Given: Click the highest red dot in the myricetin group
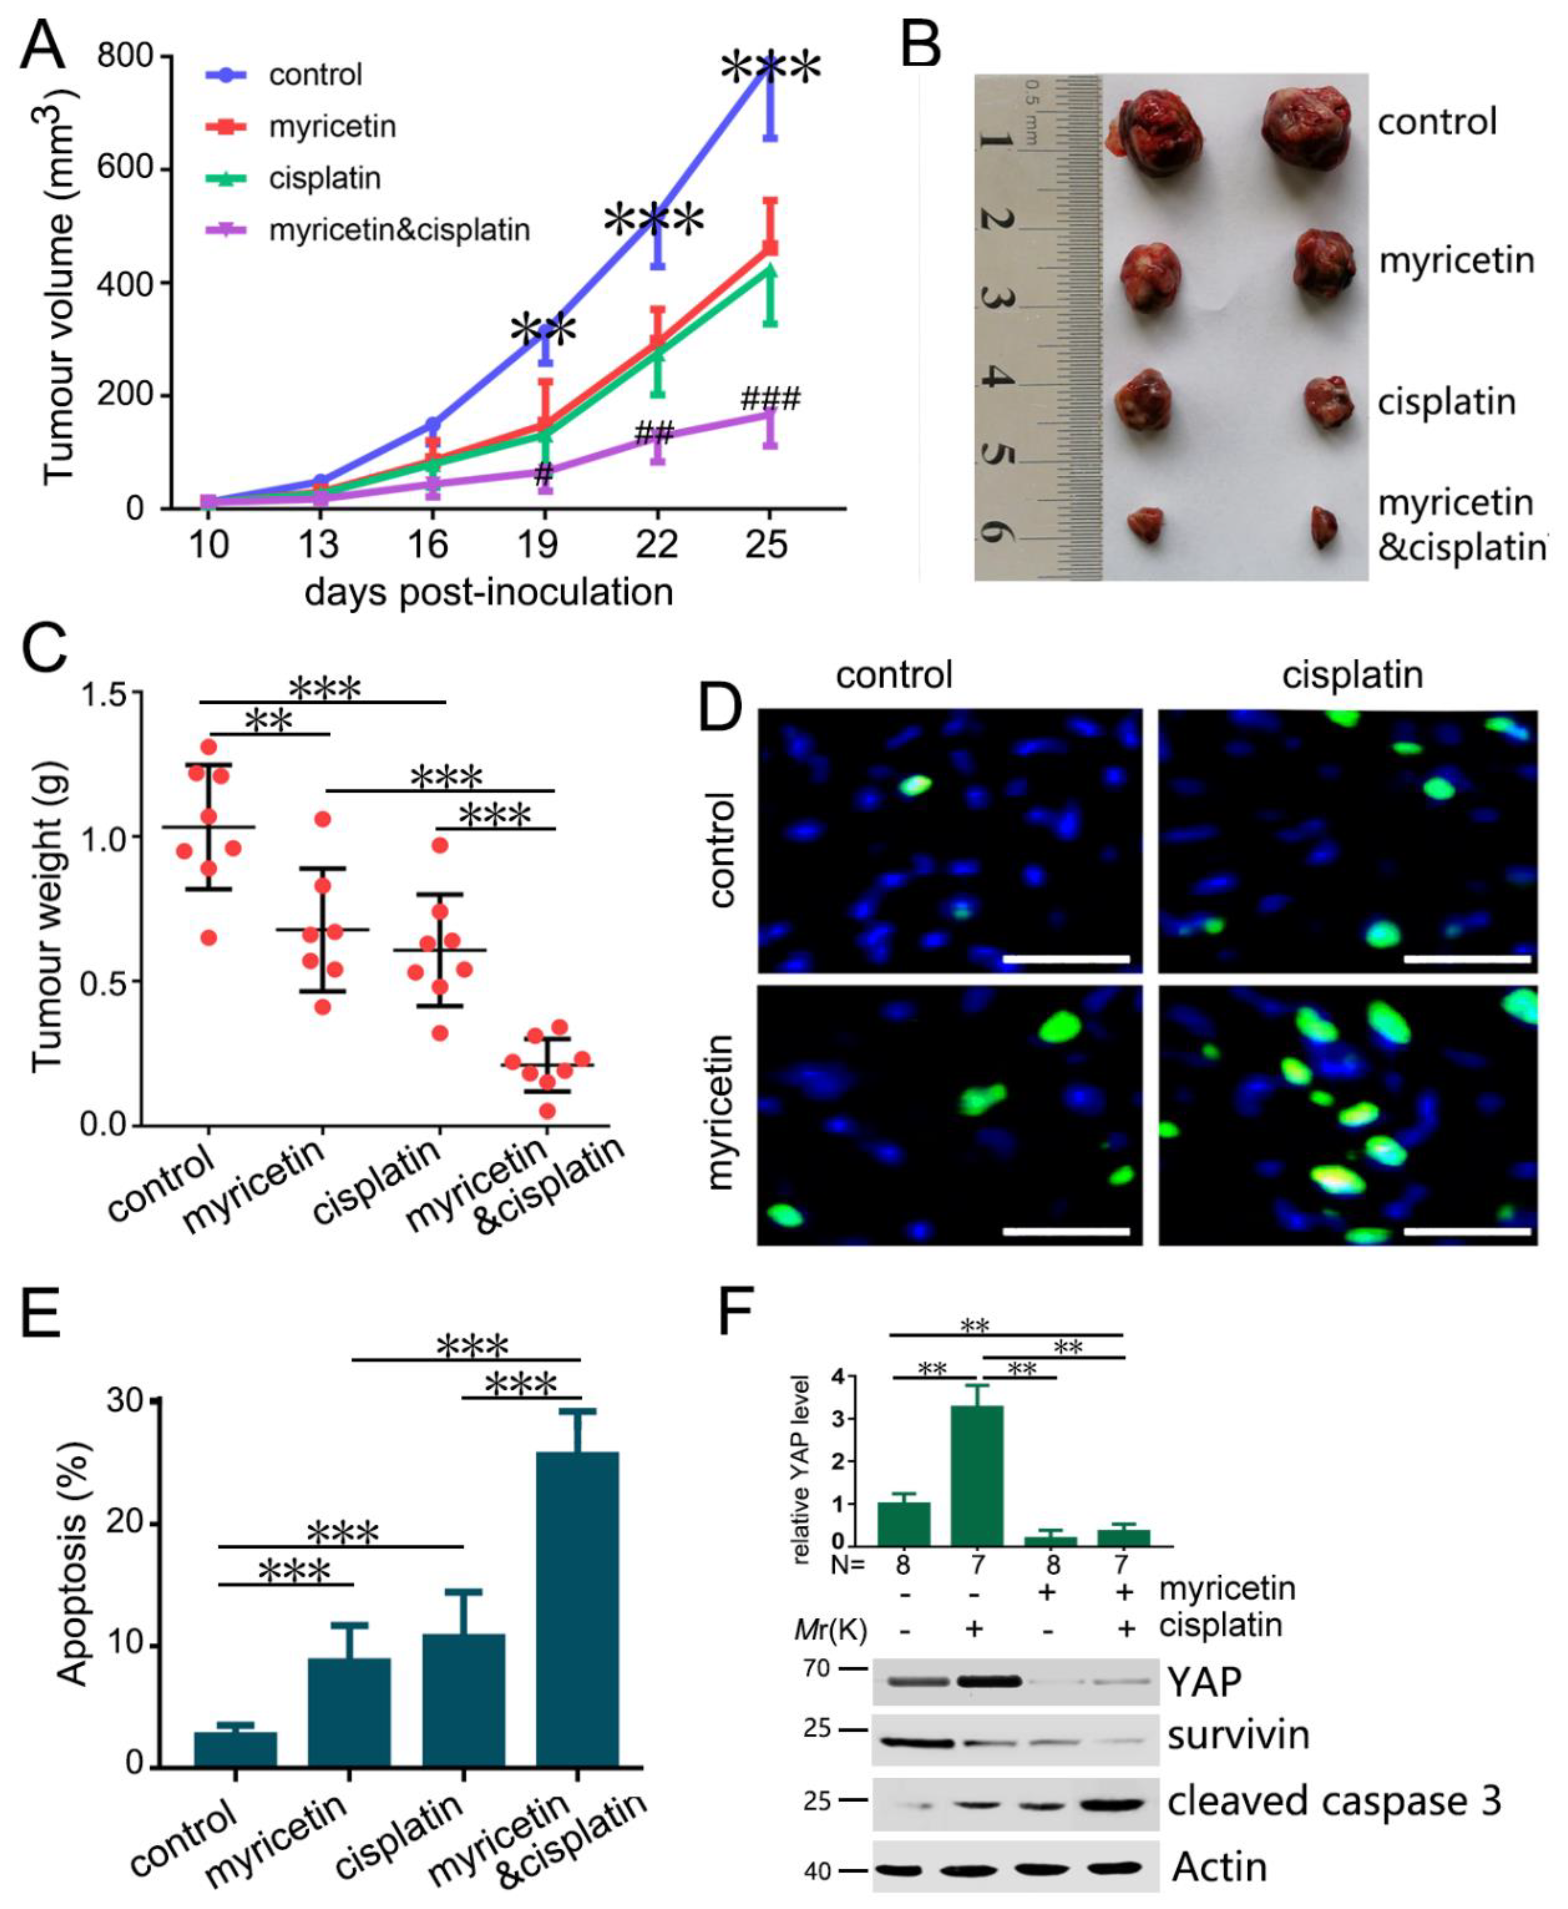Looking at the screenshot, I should pyautogui.click(x=322, y=820).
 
